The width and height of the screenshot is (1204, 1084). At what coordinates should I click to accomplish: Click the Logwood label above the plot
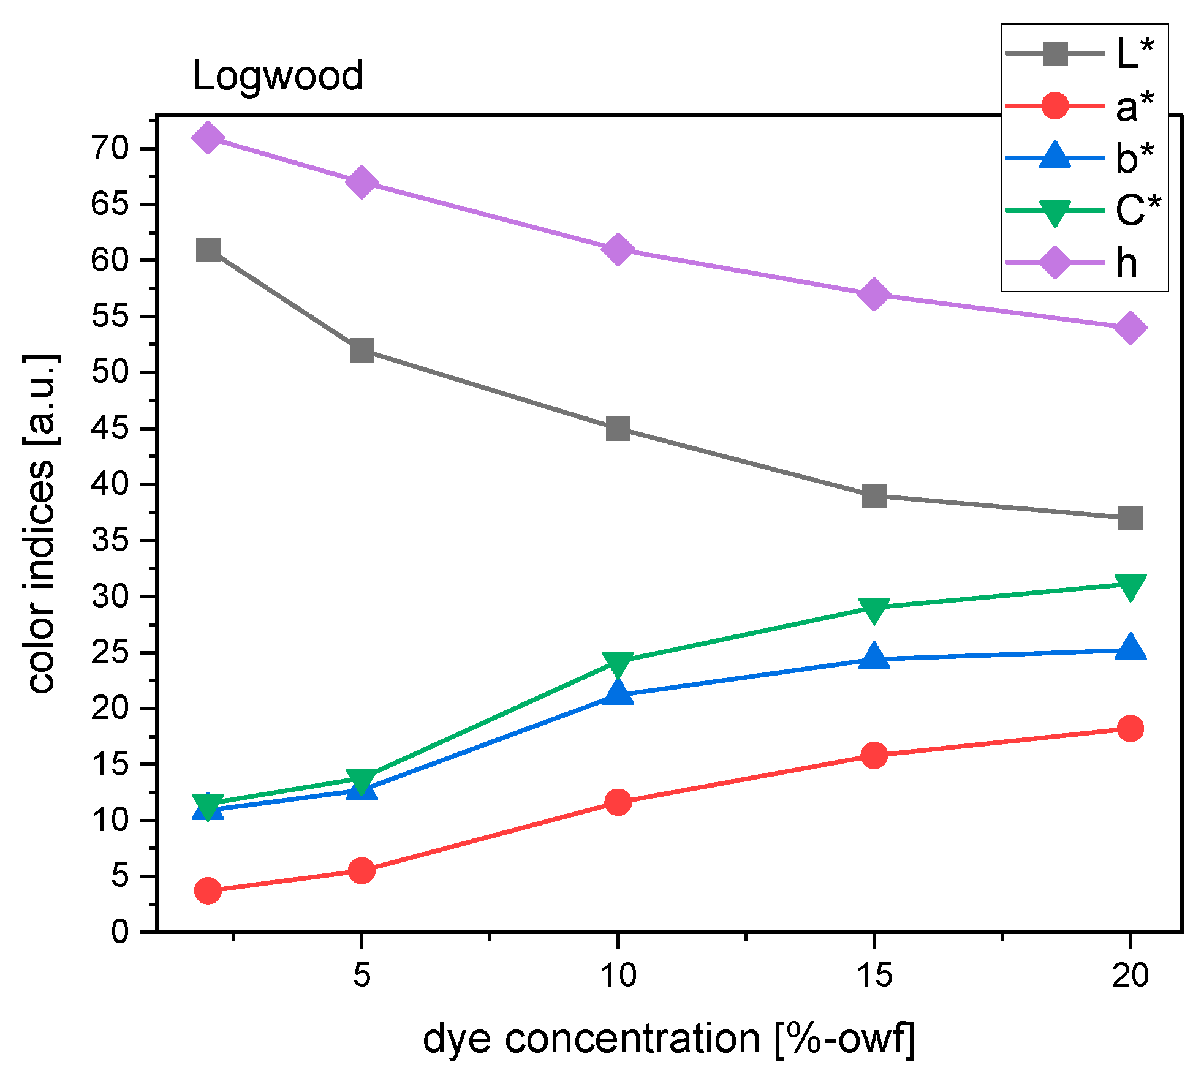278,76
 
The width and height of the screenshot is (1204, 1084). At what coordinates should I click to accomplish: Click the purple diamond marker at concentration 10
618,249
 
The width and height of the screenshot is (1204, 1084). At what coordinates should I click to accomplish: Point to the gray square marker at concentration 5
362,350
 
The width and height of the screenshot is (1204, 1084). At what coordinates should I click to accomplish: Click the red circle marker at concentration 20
1130,728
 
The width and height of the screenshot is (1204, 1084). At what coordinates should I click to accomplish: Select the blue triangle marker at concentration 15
874,657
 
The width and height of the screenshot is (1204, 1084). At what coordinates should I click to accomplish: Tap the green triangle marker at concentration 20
1130,586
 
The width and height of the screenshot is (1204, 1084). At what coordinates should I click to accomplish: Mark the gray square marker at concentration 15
874,495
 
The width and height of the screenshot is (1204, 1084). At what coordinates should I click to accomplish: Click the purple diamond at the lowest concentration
208,137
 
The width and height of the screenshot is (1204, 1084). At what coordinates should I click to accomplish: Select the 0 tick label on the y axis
120,932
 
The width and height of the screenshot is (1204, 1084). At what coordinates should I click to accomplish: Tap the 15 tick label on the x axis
874,974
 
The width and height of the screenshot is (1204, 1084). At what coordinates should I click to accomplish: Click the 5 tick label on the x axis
362,974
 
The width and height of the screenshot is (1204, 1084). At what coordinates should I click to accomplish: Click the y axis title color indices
42,524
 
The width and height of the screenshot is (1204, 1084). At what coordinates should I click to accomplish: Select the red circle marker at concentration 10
618,802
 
